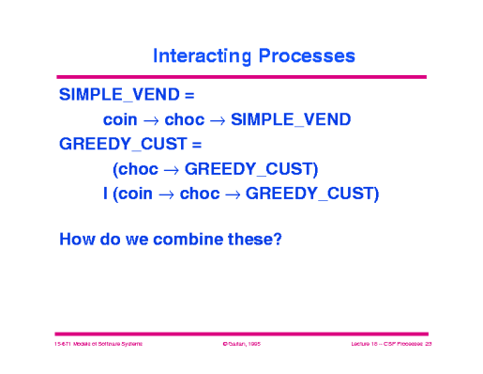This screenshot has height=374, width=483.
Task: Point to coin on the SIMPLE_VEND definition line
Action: tap(121, 120)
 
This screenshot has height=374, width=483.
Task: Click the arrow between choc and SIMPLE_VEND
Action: tap(217, 120)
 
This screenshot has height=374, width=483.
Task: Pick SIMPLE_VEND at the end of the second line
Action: tap(291, 120)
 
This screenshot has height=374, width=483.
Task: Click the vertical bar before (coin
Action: tap(106, 195)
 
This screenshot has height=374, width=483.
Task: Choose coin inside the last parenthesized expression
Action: tap(135, 195)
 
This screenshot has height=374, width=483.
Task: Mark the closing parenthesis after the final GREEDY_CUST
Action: tap(375, 195)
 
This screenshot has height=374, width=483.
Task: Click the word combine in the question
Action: tap(183, 239)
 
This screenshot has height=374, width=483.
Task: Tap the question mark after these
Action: tap(277, 239)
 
